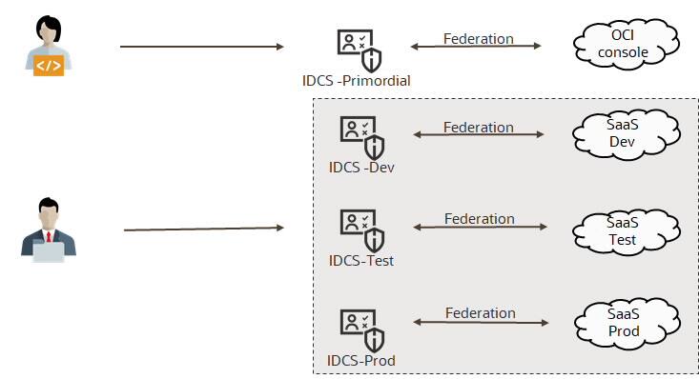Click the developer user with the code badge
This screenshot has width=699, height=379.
click(45, 45)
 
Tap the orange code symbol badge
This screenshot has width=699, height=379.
click(49, 65)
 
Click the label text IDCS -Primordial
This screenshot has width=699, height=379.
click(355, 81)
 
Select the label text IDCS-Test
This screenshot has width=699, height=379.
click(360, 260)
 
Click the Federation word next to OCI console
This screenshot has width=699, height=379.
click(478, 39)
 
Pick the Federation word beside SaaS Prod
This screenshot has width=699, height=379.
click(479, 312)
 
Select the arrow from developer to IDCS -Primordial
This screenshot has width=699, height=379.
click(202, 46)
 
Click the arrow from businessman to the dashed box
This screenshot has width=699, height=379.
click(204, 229)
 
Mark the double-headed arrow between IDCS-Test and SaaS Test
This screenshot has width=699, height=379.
click(480, 228)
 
